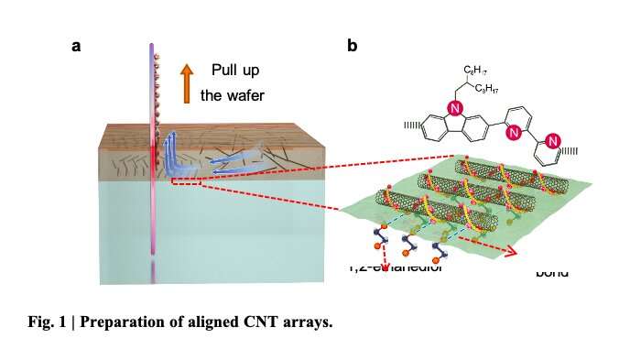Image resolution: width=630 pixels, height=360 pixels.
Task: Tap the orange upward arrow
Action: (x=186, y=82)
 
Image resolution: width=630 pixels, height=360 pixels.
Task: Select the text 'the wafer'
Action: (x=233, y=96)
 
